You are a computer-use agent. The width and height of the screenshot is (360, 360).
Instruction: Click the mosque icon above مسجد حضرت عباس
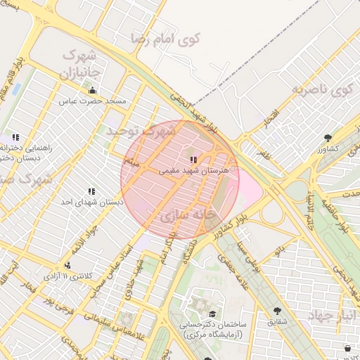pos(92,90)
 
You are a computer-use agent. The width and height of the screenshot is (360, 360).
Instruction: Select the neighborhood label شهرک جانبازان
pos(81,64)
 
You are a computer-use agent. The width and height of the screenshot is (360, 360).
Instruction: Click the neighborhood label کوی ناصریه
pos(323,90)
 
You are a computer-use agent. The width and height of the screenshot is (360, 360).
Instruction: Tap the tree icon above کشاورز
pos(328,138)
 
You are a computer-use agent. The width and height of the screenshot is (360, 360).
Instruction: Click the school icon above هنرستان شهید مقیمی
pos(193,160)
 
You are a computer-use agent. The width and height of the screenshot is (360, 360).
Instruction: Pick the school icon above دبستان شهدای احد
pos(91,191)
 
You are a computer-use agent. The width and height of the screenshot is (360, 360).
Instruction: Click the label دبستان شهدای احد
pos(91,202)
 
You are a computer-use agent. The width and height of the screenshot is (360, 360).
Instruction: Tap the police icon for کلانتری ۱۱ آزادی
pos(67,265)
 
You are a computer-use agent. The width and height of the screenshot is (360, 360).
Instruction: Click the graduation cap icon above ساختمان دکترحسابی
pos(212,314)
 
